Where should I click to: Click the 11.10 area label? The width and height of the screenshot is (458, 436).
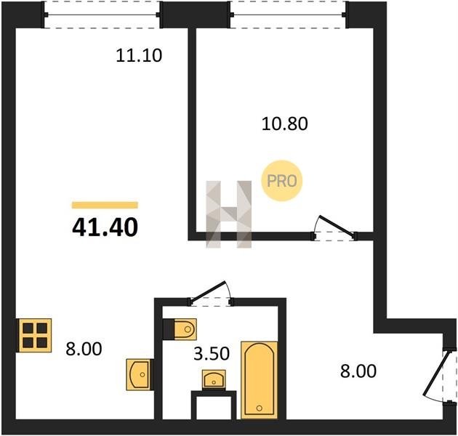pyautogui.click(x=139, y=55)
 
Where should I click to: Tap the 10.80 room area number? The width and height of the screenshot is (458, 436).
pyautogui.click(x=284, y=124)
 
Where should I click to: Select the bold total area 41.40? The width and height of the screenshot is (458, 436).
pyautogui.click(x=105, y=227)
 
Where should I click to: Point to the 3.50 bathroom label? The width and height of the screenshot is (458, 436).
pyautogui.click(x=212, y=353)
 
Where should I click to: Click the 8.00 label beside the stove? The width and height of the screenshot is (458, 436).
pyautogui.click(x=84, y=349)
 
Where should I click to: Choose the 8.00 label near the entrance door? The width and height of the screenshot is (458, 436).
pyautogui.click(x=358, y=371)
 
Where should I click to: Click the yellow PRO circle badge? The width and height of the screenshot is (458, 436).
pyautogui.click(x=282, y=180)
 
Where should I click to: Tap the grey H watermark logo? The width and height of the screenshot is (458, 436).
pyautogui.click(x=229, y=214)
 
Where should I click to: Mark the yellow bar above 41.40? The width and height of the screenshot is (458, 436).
pyautogui.click(x=105, y=205)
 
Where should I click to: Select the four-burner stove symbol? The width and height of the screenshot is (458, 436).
pyautogui.click(x=35, y=335)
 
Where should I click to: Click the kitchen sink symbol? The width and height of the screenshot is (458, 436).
pyautogui.click(x=139, y=375)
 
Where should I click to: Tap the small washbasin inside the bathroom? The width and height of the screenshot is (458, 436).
pyautogui.click(x=214, y=379)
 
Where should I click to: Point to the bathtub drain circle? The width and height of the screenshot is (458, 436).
pyautogui.click(x=259, y=408)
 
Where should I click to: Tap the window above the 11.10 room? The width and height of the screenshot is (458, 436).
pyautogui.click(x=101, y=15)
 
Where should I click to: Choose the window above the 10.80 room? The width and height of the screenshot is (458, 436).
pyautogui.click(x=288, y=15)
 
